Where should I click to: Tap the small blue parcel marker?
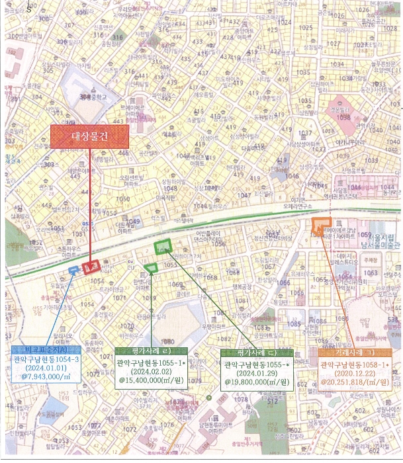coord(73,269)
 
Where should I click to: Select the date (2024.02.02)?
coord(151,373)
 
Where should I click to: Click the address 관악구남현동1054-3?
coord(43,359)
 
